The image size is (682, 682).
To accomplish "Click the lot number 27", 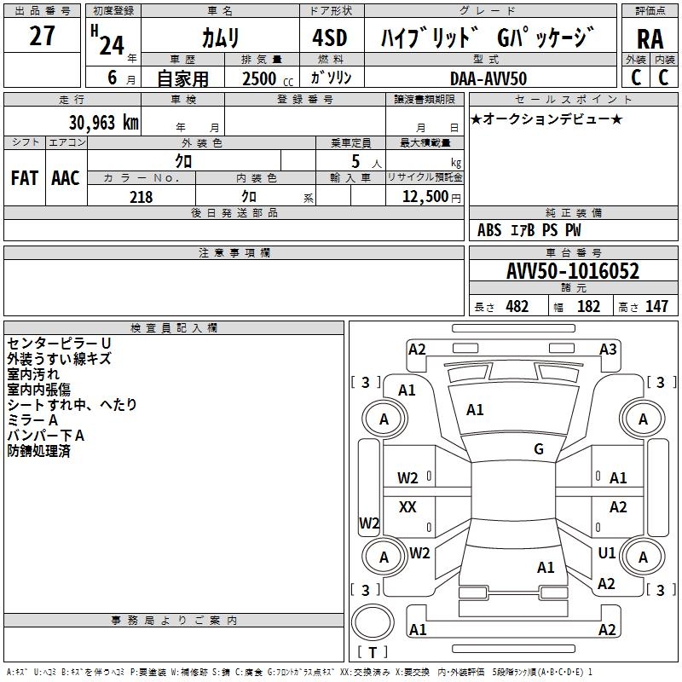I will point(42,37).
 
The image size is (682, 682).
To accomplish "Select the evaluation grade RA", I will point(650,38).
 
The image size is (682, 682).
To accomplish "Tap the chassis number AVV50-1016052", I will point(572,272).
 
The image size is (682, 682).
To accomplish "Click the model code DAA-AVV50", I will point(488,78).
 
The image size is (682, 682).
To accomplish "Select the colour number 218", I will point(141,197).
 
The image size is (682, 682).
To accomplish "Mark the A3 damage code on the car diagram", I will point(608,349).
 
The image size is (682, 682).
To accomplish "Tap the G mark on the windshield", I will point(539,449).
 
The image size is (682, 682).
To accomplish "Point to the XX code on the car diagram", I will point(408,507).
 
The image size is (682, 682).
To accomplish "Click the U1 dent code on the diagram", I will point(607,553).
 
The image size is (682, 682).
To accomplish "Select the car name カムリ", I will point(221,38).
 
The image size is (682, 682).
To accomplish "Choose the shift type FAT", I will point(24,177).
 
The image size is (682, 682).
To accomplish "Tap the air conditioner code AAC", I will point(65,177).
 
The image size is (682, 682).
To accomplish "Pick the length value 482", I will point(517,307).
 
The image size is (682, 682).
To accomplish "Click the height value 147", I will point(656,307).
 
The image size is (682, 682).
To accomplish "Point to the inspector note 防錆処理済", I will point(39,451).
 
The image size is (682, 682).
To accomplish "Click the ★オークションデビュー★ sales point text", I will point(546,118).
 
